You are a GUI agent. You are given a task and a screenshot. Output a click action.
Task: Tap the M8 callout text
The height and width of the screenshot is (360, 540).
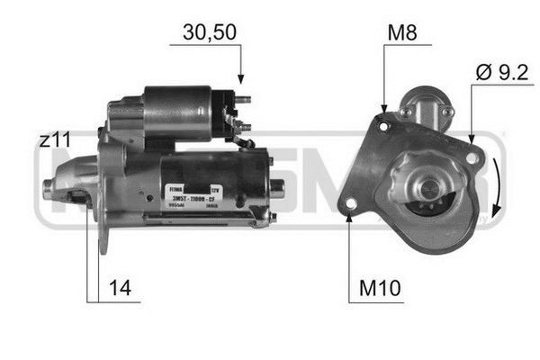click(x=402, y=34)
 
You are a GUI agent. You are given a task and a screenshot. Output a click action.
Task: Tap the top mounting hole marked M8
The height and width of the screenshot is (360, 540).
click(x=384, y=127)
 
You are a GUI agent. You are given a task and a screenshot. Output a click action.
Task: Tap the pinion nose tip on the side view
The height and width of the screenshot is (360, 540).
click(x=49, y=187)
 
